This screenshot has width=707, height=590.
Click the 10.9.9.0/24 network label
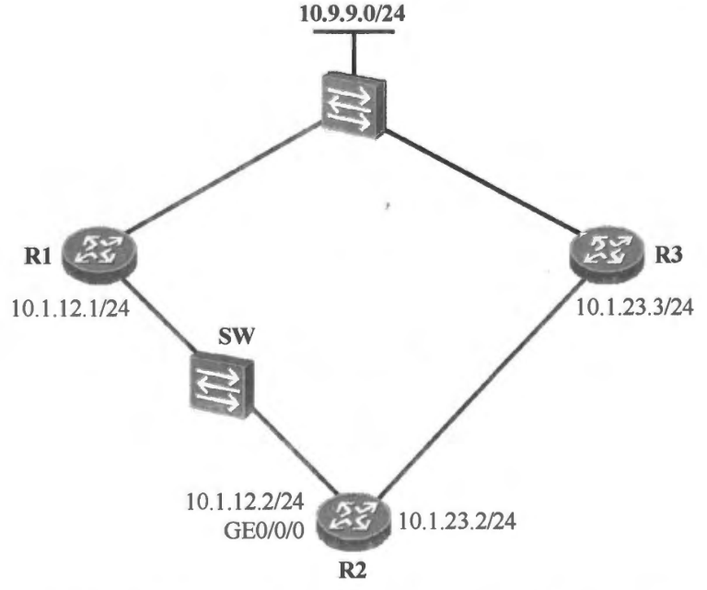[x=353, y=12]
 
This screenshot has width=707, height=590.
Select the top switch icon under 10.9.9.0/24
[x=354, y=100]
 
